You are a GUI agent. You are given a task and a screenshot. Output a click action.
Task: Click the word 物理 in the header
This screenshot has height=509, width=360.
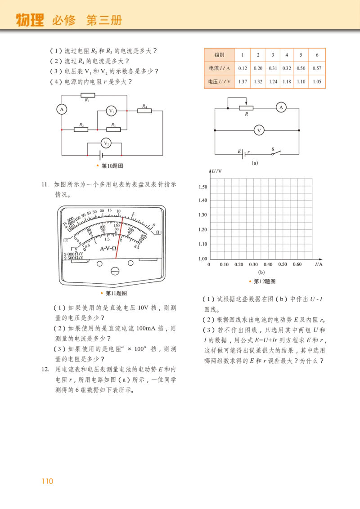point(30,20)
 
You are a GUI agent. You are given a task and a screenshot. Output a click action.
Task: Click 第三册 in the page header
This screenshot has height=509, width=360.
point(104,20)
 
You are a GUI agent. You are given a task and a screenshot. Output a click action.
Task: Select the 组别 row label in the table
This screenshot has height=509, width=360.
point(219,55)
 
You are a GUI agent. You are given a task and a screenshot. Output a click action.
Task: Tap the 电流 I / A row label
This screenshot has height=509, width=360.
point(219,68)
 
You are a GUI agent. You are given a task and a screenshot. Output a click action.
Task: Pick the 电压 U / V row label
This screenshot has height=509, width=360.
point(219,82)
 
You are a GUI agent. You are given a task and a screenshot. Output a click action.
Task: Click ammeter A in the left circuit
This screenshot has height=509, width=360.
point(62,109)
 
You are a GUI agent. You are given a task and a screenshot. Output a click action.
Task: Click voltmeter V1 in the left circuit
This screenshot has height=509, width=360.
point(111,111)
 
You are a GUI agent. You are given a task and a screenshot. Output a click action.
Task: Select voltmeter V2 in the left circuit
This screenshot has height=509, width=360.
point(106,143)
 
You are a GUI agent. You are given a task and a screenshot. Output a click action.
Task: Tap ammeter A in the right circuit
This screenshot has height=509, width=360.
point(281,107)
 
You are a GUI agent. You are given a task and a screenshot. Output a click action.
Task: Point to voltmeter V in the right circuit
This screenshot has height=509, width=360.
point(259,130)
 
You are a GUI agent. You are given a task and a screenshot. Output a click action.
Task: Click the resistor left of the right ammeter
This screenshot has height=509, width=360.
point(246,108)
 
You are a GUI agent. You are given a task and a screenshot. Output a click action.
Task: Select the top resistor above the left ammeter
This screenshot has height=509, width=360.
point(88,95)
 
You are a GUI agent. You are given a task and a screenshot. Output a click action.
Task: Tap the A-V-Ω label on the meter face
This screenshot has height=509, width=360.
point(108,248)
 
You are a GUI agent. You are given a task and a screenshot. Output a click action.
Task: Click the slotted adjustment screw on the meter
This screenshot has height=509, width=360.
point(115,271)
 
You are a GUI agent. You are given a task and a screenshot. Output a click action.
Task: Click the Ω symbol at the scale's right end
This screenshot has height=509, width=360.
point(158,232)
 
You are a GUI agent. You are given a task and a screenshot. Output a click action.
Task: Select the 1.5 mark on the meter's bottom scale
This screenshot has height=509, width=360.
point(107,239)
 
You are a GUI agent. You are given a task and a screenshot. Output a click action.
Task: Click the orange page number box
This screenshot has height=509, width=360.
point(47,481)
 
